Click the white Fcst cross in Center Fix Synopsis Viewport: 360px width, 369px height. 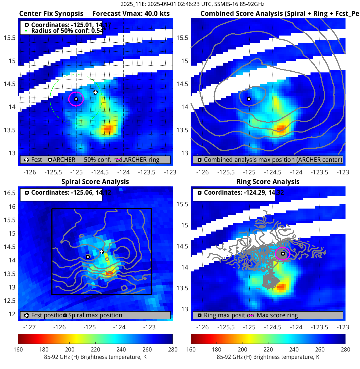pyautogui.click(x=95, y=92)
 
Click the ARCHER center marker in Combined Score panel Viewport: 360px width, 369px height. pyautogui.click(x=249, y=99)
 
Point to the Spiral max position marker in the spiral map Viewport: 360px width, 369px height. pyautogui.click(x=88, y=257)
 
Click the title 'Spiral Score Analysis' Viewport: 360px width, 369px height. pyautogui.click(x=95, y=182)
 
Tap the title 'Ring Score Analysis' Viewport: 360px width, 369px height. pyautogui.click(x=268, y=182)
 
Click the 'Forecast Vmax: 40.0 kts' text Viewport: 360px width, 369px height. pyautogui.click(x=131, y=14)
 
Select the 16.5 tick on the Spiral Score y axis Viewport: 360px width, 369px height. pyautogui.click(x=10, y=193)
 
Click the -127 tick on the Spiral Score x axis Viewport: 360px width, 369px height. pyautogui.click(x=30, y=327)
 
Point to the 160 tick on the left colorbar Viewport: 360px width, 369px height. pyautogui.click(x=18, y=350)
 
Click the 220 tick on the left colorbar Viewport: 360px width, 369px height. pyautogui.click(x=95, y=350)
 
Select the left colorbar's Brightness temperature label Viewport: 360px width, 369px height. pyautogui.click(x=95, y=357)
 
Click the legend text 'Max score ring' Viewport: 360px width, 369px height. pyautogui.click(x=277, y=315)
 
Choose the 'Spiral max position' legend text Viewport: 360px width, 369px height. pyautogui.click(x=95, y=315)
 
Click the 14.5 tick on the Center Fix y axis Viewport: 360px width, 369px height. pyautogui.click(x=10, y=84)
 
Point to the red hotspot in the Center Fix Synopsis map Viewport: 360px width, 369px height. pyautogui.click(x=109, y=128)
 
